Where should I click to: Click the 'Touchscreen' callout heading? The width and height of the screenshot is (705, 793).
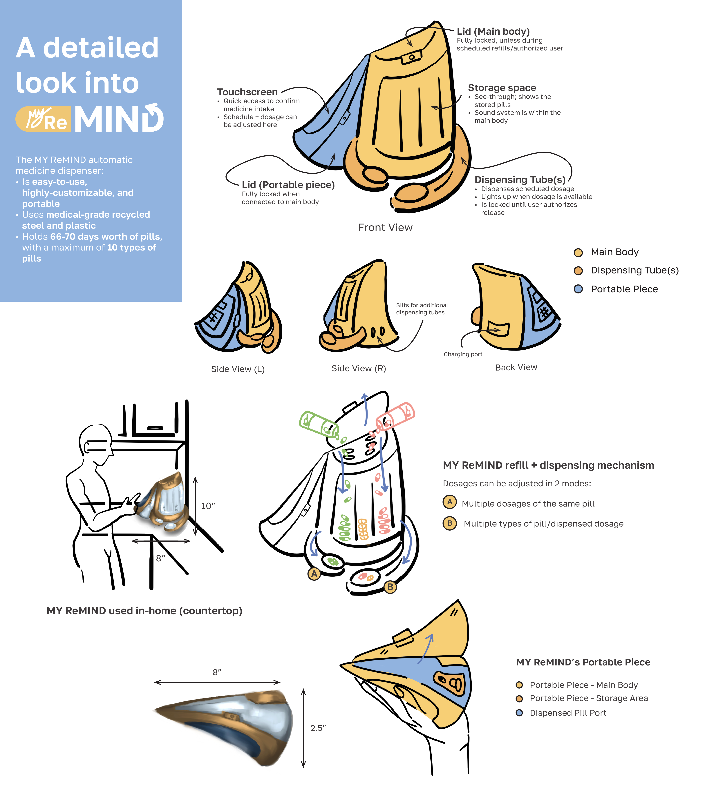(247, 92)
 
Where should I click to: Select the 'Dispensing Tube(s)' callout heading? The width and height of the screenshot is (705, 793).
(520, 180)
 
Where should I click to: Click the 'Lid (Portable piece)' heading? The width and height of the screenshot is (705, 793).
(288, 185)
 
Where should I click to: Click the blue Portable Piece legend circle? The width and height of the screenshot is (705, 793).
(578, 289)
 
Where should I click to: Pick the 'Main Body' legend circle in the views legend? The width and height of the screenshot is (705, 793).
(578, 253)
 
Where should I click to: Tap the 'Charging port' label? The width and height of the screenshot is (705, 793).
(463, 354)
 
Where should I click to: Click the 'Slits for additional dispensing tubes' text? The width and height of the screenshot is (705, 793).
(422, 309)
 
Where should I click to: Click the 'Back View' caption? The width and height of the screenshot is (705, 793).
(516, 367)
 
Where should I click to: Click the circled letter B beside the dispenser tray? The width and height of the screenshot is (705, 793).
(390, 587)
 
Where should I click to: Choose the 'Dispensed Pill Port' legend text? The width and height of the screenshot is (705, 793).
(568, 713)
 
